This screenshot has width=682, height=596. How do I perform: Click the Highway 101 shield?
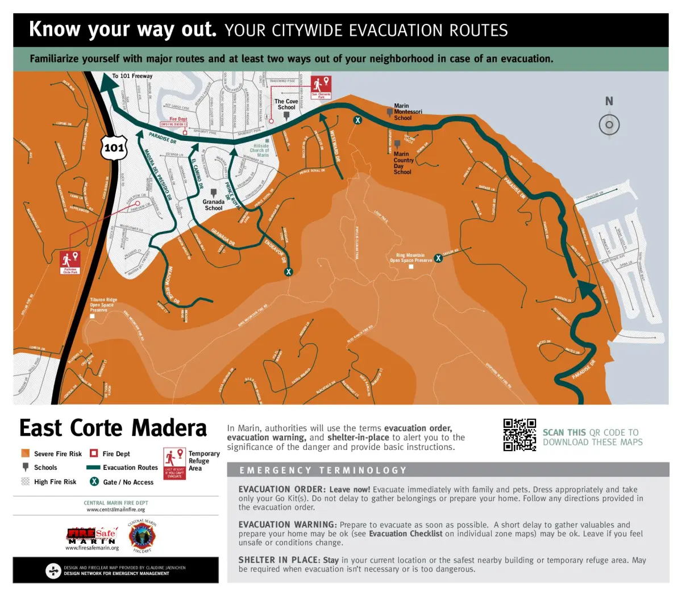click(x=114, y=148)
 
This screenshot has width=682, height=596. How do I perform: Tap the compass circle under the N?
click(x=609, y=124)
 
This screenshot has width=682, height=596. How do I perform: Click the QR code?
click(x=519, y=435)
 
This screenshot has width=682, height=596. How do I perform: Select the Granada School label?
click(x=214, y=205)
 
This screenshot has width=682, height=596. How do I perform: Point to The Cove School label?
click(x=286, y=105)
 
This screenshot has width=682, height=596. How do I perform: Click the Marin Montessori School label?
click(x=407, y=112)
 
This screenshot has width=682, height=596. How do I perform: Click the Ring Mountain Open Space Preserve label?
click(x=411, y=258)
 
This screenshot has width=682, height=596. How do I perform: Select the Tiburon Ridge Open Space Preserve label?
click(x=103, y=305)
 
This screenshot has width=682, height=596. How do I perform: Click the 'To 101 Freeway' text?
click(x=132, y=76)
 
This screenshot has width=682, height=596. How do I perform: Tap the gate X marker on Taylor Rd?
click(x=438, y=258)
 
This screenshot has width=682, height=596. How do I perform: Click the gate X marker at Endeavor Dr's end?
click(x=289, y=272)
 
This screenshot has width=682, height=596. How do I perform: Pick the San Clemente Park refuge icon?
click(x=321, y=87)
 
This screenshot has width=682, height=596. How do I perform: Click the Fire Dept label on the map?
click(x=178, y=119)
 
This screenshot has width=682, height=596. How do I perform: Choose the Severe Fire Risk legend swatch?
click(x=26, y=453)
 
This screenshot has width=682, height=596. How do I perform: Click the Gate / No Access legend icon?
click(x=94, y=481)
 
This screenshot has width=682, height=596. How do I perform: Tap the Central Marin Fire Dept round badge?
click(x=142, y=536)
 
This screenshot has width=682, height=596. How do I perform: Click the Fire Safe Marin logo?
click(x=92, y=536)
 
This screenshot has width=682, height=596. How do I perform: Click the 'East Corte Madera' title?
click(x=113, y=428)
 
